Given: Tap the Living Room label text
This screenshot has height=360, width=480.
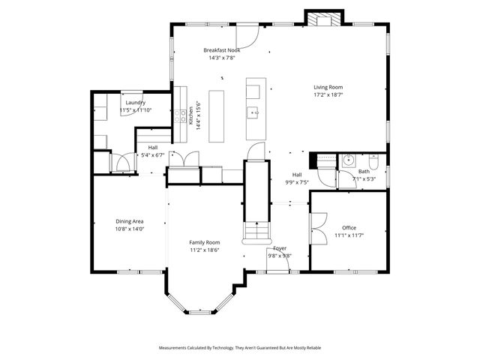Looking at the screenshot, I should tap(328, 87).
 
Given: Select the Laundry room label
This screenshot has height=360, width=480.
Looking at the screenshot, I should tap(135, 103).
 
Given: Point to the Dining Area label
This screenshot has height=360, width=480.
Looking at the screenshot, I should tap(129, 221).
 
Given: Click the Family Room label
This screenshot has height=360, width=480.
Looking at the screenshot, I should tap(204, 242).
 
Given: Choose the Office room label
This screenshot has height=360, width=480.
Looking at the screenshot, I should tap(349, 228).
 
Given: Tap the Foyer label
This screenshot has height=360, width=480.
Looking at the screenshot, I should tap(280, 247).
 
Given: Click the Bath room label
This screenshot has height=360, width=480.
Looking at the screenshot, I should tap(363, 172).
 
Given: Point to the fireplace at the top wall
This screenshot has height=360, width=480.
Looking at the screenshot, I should tap(325, 18).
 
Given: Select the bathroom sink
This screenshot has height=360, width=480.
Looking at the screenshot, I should tap(348, 160).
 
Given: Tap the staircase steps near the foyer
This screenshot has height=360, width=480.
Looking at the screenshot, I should tap(256, 232).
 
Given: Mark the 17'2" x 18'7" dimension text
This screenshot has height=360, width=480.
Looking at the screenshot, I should tap(328, 95).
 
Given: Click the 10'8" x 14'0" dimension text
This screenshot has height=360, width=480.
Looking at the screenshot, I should tap(129, 229).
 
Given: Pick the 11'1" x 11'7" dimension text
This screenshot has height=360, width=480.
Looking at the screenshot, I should tap(349, 236).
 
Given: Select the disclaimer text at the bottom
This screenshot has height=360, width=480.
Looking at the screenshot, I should tap(240, 348).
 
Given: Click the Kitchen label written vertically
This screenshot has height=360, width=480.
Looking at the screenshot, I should tap(191, 115).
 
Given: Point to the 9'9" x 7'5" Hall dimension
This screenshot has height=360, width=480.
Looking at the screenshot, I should tap(297, 181).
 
